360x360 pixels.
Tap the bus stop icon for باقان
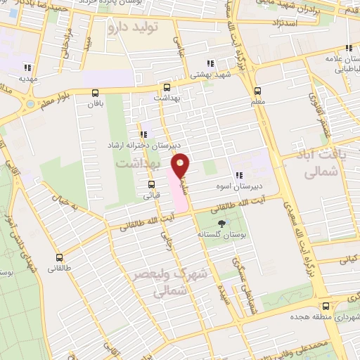(x=96, y=91)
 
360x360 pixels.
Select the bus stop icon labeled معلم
(x=257, y=90)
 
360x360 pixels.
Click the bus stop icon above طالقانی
(x=59, y=257)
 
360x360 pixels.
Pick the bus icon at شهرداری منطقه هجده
(x=325, y=306)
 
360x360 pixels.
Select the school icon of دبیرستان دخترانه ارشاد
(x=143, y=134)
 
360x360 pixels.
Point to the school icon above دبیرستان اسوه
(x=239, y=175)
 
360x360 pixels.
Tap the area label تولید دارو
(x=134, y=27)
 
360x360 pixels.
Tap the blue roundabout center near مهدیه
(x=30, y=104)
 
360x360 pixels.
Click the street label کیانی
(x=349, y=258)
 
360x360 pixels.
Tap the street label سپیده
(x=225, y=292)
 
